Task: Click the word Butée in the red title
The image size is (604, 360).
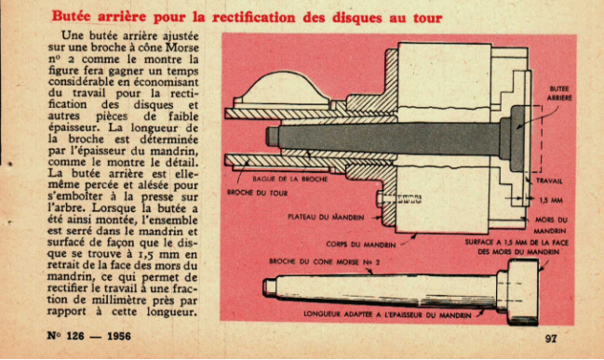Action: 72,17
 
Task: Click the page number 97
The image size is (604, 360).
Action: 551,339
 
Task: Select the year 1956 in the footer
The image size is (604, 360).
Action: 118,336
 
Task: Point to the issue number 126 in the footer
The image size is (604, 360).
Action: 75,336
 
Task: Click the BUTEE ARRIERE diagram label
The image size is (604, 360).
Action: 559,93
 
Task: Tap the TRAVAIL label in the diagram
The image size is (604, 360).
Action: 549,181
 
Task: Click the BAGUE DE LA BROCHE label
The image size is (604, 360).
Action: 289,179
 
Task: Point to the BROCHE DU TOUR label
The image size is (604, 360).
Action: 257,193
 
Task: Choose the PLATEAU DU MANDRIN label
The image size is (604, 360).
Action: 326,217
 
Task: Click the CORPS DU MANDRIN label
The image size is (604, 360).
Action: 360,245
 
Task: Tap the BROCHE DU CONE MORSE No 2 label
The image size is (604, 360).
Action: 325,261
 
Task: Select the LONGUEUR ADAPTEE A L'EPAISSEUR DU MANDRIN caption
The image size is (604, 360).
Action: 387,314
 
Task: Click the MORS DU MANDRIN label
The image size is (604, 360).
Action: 551,225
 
